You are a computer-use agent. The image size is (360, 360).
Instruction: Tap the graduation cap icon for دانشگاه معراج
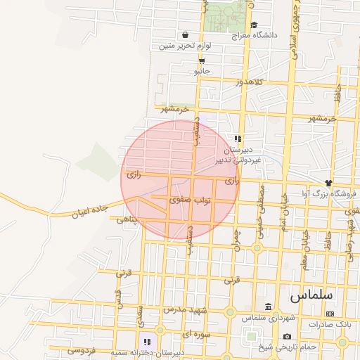click(x=254, y=25)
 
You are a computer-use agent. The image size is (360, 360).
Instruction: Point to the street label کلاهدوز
click(x=249, y=82)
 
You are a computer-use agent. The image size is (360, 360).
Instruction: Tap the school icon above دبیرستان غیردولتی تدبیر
click(x=238, y=139)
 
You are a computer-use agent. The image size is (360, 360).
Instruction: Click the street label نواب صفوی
click(x=191, y=200)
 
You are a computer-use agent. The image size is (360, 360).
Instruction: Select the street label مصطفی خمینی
click(x=262, y=210)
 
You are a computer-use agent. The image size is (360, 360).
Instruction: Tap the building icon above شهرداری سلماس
click(x=268, y=307)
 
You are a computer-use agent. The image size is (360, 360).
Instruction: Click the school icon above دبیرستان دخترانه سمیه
click(x=147, y=342)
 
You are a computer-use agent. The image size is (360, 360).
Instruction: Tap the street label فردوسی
click(x=82, y=349)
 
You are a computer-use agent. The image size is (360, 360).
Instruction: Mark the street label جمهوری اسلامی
click(x=294, y=32)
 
